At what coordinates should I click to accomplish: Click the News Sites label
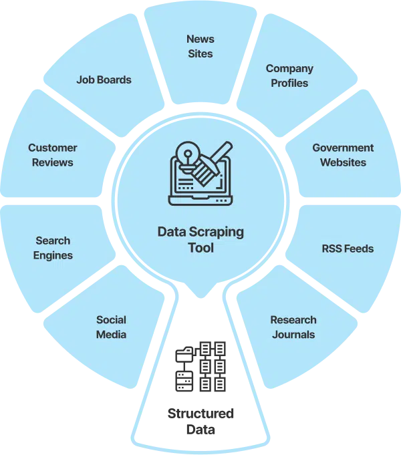200,45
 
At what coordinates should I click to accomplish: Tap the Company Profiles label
289,75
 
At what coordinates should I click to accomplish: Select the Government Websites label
343,155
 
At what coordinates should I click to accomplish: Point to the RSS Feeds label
348,249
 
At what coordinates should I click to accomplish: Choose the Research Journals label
293,327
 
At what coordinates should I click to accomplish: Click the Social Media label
111,327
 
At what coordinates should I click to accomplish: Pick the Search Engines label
53,248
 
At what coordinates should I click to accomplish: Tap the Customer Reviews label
52,155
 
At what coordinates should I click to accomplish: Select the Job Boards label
104,80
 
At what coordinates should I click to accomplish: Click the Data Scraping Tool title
200,240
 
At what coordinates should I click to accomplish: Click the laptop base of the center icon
200,199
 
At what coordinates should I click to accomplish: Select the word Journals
293,334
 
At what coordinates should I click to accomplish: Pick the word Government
343,148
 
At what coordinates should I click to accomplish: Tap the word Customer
52,148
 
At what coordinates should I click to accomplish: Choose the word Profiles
289,83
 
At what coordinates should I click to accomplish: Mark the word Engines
53,255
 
